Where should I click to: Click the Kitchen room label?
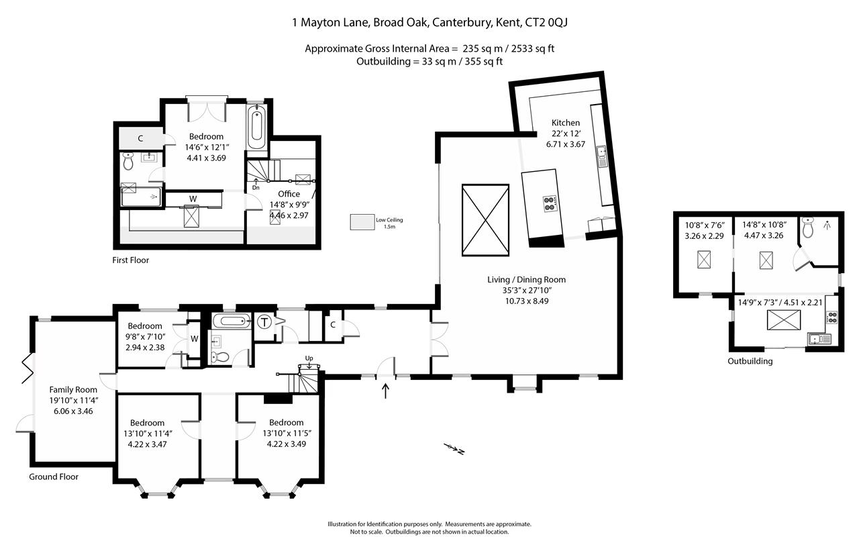(565, 123)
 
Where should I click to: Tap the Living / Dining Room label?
(526, 280)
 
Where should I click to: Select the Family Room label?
(72, 389)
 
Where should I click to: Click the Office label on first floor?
(289, 194)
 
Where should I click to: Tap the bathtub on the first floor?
(256, 128)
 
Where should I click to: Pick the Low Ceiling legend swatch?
(362, 223)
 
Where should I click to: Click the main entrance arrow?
(385, 391)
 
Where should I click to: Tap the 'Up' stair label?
(309, 358)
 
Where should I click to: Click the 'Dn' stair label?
(256, 189)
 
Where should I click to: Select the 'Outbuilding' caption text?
(750, 361)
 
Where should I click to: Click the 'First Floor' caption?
(131, 260)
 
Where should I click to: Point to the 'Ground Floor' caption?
(54, 477)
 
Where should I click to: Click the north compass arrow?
(454, 449)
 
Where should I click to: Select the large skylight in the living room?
(485, 219)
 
